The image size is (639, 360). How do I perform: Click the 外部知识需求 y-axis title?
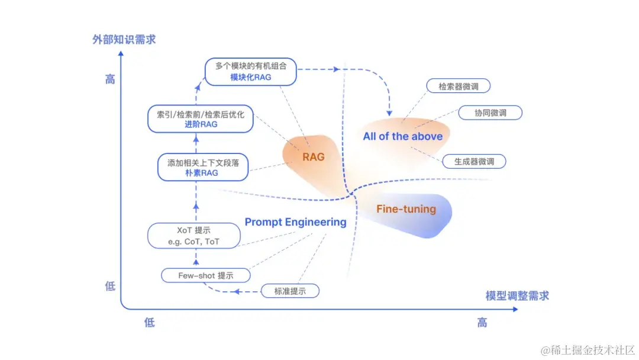124,40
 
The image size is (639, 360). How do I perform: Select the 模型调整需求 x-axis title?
517,295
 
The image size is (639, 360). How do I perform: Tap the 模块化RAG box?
250,72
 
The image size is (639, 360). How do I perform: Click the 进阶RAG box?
200,119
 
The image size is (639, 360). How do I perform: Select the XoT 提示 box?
193,236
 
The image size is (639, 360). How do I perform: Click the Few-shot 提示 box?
205,275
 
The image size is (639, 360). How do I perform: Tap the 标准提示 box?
290,291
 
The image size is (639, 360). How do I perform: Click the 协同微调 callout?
490,113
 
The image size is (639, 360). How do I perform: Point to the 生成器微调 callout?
474,161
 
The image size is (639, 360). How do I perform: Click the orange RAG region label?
314,157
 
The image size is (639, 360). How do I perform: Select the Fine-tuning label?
406,209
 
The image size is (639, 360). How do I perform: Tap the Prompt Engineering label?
295,222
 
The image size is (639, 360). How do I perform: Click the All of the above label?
402,136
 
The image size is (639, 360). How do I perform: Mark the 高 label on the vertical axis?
110,79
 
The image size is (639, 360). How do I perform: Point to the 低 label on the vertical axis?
110,287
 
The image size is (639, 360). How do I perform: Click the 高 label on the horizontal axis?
482,323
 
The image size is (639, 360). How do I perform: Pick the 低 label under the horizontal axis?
149,323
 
